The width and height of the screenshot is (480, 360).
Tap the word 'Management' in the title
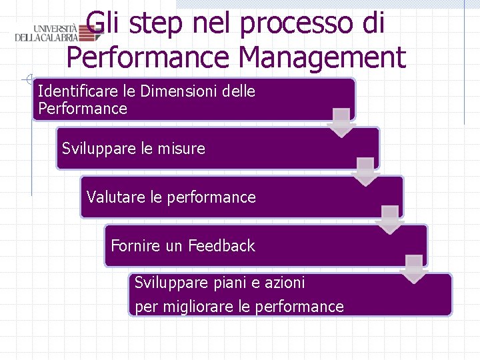(321, 57)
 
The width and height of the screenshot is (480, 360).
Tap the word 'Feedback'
(221, 246)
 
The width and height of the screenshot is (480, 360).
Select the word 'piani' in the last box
(230, 283)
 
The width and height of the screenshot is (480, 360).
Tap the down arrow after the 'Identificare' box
(341, 123)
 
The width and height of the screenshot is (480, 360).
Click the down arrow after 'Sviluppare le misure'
(365, 171)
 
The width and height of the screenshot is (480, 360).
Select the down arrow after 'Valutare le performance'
(389, 219)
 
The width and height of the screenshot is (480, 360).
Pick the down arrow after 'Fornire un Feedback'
(413, 269)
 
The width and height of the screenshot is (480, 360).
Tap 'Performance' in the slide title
(148, 57)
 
